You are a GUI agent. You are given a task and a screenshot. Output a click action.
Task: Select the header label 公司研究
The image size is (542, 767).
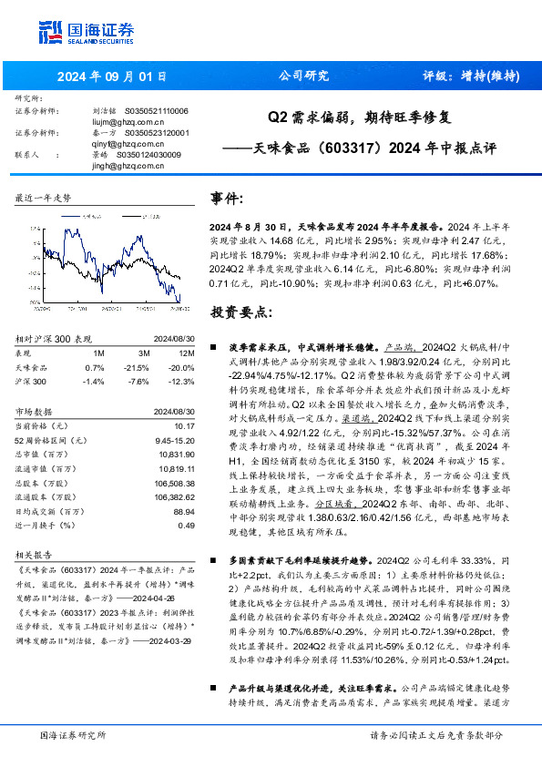[302, 77]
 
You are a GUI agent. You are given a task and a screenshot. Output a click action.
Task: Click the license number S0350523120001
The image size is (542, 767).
[156, 133]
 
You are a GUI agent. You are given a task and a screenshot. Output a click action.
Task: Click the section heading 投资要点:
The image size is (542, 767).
[241, 312]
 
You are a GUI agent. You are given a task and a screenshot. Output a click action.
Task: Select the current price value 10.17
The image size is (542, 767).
[184, 424]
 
